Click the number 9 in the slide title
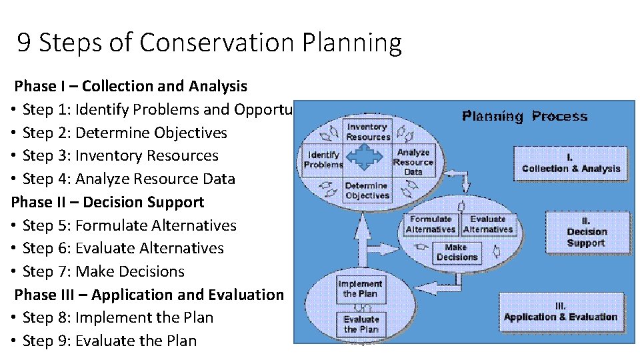tap(24, 43)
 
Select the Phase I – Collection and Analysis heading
tap(131, 86)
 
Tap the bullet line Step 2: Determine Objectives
tap(124, 133)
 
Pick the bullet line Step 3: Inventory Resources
tap(120, 156)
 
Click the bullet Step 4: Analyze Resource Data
tap(128, 179)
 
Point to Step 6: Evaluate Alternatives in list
tap(123, 248)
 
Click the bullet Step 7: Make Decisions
tap(103, 271)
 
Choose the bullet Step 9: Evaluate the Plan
tap(109, 341)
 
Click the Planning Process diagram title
tap(525, 117)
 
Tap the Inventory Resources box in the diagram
tap(367, 131)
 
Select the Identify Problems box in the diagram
tap(323, 160)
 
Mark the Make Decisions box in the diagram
tap(457, 252)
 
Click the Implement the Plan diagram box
tap(360, 289)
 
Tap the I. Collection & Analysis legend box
tap(571, 163)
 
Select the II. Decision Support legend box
tap(587, 232)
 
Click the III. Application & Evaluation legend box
tap(560, 312)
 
